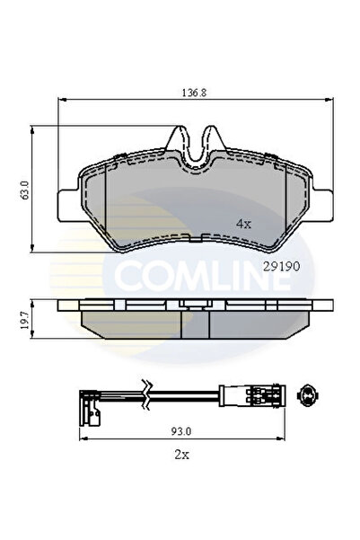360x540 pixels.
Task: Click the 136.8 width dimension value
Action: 185,91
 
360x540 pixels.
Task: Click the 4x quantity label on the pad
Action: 242,222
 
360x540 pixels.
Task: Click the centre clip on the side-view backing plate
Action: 189,305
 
